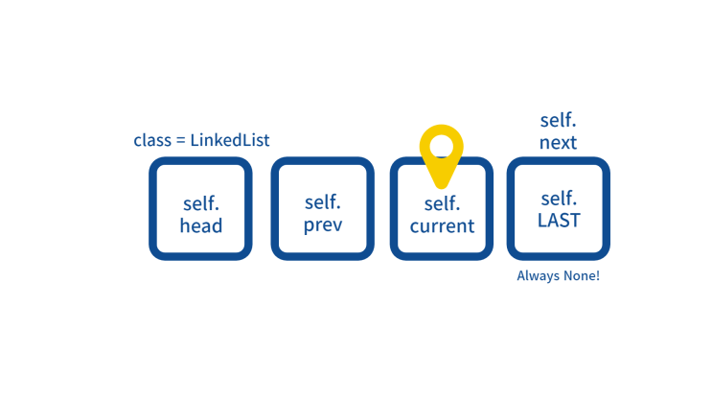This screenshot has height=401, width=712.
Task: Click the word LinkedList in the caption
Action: [230, 140]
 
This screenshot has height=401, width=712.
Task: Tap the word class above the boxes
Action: [152, 140]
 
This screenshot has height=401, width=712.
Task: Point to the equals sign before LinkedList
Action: [181, 140]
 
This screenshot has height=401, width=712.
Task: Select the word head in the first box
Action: [201, 225]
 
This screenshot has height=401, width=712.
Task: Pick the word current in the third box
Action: [442, 226]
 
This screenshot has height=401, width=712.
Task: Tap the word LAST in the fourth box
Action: [559, 221]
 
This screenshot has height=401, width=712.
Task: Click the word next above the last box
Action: [558, 143]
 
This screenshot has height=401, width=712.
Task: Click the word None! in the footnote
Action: [582, 275]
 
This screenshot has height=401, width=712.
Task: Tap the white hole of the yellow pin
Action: [442, 147]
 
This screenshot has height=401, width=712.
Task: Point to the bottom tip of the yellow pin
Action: [442, 187]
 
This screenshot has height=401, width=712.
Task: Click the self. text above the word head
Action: [201, 203]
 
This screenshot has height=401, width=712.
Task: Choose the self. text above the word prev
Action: [323, 201]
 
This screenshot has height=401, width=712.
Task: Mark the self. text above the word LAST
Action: [559, 199]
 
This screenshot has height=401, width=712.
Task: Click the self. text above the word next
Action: [558, 121]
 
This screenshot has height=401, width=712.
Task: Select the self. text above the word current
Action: [443, 203]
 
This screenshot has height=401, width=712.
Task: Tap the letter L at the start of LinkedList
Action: [195, 140]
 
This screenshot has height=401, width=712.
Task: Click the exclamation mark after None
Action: [598, 275]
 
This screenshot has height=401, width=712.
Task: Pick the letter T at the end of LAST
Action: [574, 221]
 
